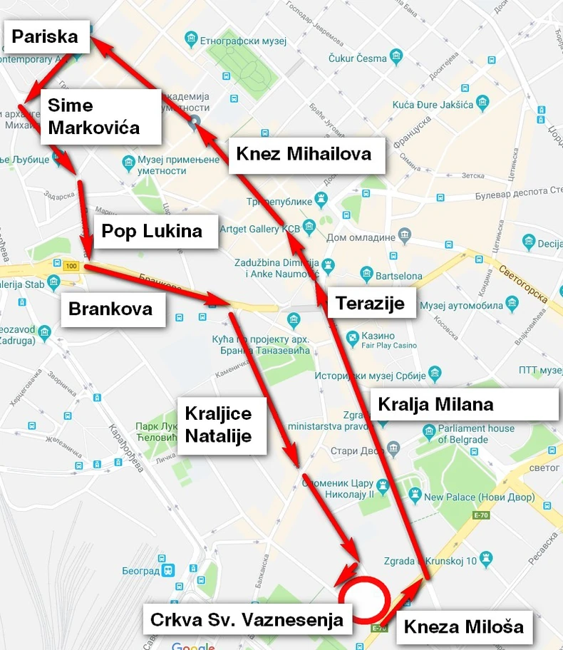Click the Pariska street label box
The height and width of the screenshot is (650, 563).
point(46,36)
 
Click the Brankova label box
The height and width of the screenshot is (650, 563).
point(112,309)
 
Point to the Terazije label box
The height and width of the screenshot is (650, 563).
point(371,304)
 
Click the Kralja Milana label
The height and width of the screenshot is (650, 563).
point(435,405)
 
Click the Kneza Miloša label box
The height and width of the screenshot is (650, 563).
point(464,627)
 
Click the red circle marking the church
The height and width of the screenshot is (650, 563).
point(363,597)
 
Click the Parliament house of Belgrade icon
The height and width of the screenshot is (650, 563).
point(430,430)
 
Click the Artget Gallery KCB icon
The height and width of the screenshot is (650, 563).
point(309,227)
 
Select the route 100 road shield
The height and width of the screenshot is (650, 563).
point(71,266)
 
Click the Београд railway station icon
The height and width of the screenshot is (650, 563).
point(167,571)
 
